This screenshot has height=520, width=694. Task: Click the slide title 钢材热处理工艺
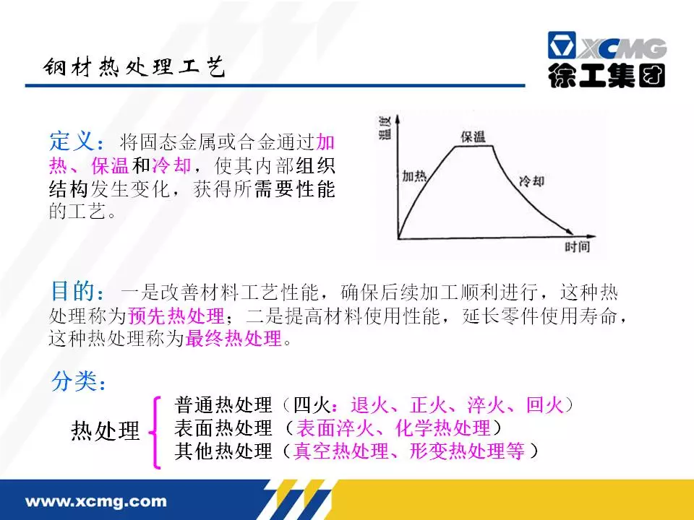click(134, 67)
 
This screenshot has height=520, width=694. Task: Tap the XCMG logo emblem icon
click(562, 45)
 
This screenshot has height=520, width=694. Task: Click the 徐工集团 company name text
click(607, 76)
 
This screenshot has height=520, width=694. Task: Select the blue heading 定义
click(72, 142)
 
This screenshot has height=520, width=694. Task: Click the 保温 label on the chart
click(473, 136)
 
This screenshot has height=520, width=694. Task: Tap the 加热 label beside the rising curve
click(414, 176)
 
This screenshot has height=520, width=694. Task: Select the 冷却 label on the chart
click(531, 181)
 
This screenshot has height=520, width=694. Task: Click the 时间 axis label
click(577, 246)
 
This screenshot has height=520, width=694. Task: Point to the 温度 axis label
click(385, 129)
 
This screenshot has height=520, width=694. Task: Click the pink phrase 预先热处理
click(176, 316)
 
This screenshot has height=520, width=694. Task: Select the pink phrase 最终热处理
click(234, 339)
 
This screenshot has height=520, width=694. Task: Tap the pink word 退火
click(370, 405)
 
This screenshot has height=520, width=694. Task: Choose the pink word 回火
click(545, 405)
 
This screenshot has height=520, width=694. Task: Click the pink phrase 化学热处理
click(442, 428)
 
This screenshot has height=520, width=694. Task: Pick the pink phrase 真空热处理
click(341, 451)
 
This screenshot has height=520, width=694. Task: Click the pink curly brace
click(155, 433)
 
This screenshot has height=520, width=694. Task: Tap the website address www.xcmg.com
click(96, 501)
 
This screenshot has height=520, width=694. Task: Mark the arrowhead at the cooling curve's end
click(568, 231)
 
